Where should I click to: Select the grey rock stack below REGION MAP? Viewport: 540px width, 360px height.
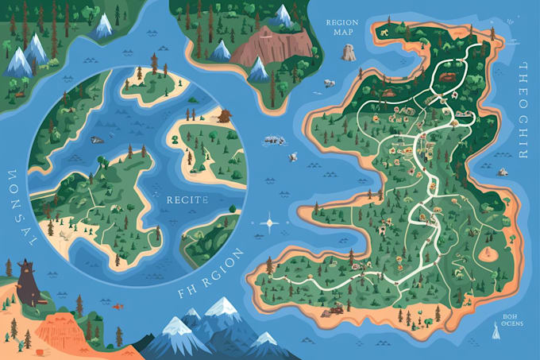point(348,52)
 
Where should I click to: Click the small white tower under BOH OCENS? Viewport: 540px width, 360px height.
point(498,335)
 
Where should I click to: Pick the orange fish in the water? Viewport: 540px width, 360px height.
point(118,305)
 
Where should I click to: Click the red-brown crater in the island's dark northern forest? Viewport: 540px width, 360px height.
point(449,78)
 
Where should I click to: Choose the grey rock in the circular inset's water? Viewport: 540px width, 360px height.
point(97,141)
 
